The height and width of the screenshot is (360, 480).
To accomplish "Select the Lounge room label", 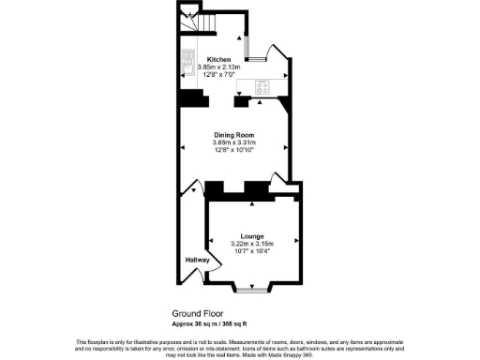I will tap(251, 234).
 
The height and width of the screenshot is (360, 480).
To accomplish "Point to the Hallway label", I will tap(196, 260).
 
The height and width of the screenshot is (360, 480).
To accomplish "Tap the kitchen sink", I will tap(187, 58).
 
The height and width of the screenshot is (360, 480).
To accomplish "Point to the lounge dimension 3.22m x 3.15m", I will tap(251, 243).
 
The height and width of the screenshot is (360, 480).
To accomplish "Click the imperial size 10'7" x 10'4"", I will tap(251, 250).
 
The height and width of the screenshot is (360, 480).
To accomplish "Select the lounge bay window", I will tap(250, 290).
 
